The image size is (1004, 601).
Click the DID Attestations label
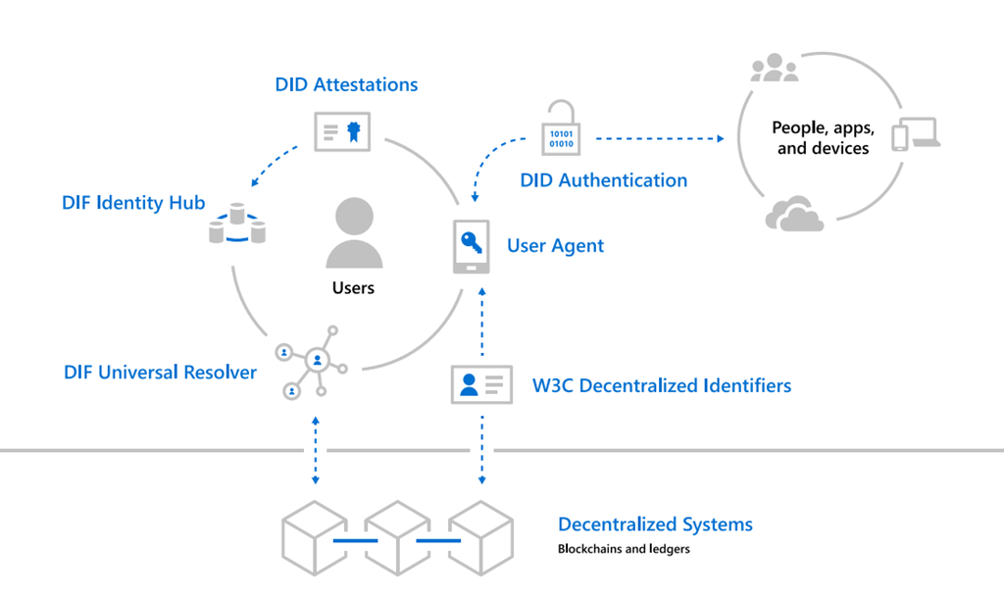(346, 84)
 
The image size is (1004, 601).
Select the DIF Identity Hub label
(132, 203)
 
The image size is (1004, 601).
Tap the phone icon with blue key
(471, 246)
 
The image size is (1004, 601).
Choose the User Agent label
(555, 245)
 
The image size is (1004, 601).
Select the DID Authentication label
(603, 180)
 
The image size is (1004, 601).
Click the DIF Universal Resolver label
(160, 373)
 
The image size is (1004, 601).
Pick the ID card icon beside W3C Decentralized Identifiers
(481, 384)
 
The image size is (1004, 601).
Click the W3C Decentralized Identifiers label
(661, 385)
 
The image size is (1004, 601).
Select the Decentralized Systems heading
(655, 525)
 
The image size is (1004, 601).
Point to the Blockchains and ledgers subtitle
(624, 549)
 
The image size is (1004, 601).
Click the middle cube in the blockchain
(397, 539)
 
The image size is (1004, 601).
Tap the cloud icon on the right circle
(794, 215)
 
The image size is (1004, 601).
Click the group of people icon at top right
(774, 69)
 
